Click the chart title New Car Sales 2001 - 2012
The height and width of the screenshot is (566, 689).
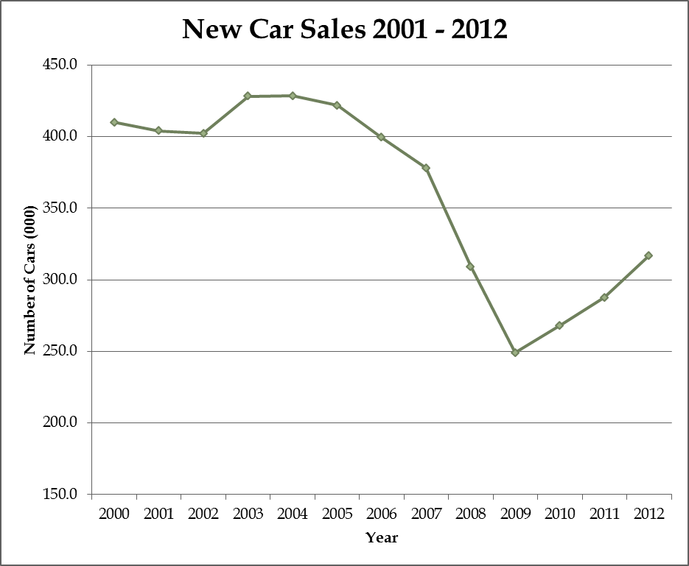pyautogui.click(x=344, y=29)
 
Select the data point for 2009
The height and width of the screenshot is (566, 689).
pyautogui.click(x=515, y=353)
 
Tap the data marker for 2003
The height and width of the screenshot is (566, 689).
pyautogui.click(x=248, y=96)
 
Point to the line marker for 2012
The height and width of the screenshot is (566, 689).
pyautogui.click(x=648, y=255)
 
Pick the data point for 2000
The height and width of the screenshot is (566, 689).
pyautogui.click(x=114, y=122)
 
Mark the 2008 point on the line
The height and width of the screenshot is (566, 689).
pyautogui.click(x=470, y=266)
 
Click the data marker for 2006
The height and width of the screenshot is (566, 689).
pyautogui.click(x=381, y=137)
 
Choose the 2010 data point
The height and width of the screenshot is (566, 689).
pyautogui.click(x=559, y=325)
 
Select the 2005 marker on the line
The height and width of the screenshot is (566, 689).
pyautogui.click(x=337, y=105)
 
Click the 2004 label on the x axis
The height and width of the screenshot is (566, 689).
pyautogui.click(x=292, y=514)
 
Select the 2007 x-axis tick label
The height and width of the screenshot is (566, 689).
pyautogui.click(x=426, y=514)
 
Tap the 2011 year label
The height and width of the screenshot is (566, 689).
pyautogui.click(x=604, y=514)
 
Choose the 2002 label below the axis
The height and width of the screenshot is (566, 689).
pyautogui.click(x=203, y=514)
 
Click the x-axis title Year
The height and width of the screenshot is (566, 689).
pyautogui.click(x=382, y=538)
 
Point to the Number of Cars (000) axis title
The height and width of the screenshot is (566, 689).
pyautogui.click(x=30, y=280)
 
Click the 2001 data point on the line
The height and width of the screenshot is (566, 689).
pyautogui.click(x=158, y=130)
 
